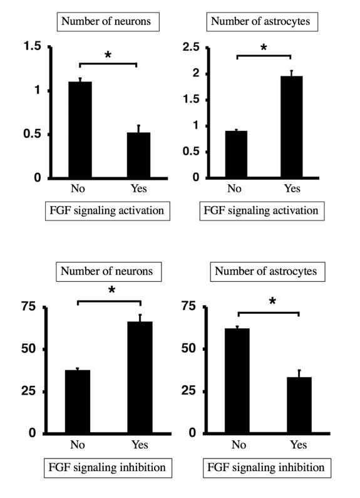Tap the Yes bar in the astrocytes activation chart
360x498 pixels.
tap(291, 127)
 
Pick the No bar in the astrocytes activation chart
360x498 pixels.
tap(235, 154)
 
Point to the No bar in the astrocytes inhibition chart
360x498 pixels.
tap(238, 381)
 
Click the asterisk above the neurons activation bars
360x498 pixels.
tap(108, 56)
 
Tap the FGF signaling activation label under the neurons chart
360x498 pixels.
tap(108, 210)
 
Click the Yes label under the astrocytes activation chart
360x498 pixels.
tap(292, 189)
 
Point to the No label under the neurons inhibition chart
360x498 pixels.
tap(78, 445)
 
